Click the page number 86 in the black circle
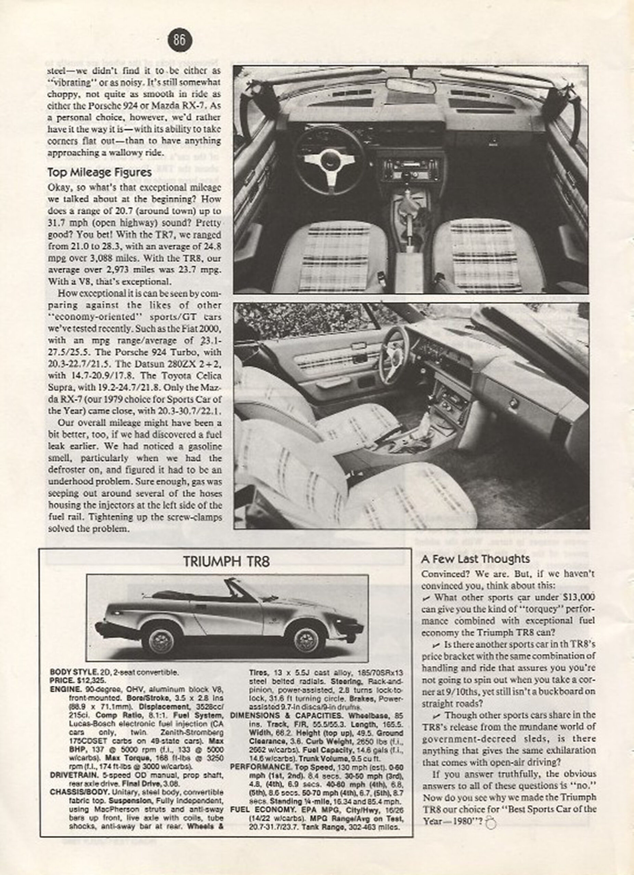coord(180,40)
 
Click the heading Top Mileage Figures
coord(99,173)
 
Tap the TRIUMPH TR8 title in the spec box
coord(226,561)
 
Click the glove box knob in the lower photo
coord(513,403)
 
